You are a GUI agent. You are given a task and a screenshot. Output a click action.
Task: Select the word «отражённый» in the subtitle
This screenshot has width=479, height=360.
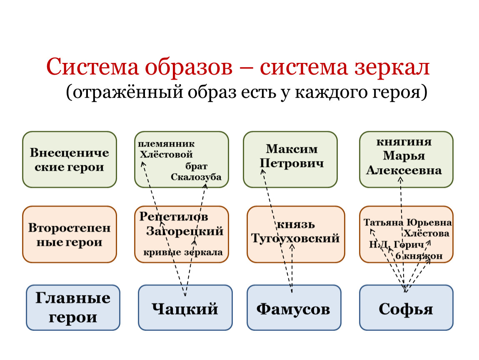(x=129, y=92)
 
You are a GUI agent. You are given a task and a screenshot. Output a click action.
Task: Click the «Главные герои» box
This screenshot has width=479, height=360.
(x=73, y=308)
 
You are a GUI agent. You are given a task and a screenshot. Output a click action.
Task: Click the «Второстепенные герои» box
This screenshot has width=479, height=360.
(x=70, y=234)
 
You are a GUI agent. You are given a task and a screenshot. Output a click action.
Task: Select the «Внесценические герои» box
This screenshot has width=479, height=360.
(x=70, y=160)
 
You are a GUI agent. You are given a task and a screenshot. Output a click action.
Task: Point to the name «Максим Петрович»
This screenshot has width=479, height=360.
(x=292, y=155)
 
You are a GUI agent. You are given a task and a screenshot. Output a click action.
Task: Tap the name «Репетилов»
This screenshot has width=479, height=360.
(x=174, y=217)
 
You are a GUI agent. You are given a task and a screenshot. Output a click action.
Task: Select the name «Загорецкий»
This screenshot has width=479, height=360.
(x=185, y=231)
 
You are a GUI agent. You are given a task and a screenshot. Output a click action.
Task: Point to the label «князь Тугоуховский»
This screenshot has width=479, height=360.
(x=295, y=232)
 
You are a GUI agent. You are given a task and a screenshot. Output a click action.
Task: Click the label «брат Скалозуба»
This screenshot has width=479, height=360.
(x=196, y=172)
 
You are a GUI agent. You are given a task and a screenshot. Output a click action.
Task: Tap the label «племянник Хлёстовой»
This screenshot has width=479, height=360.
(x=167, y=148)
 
